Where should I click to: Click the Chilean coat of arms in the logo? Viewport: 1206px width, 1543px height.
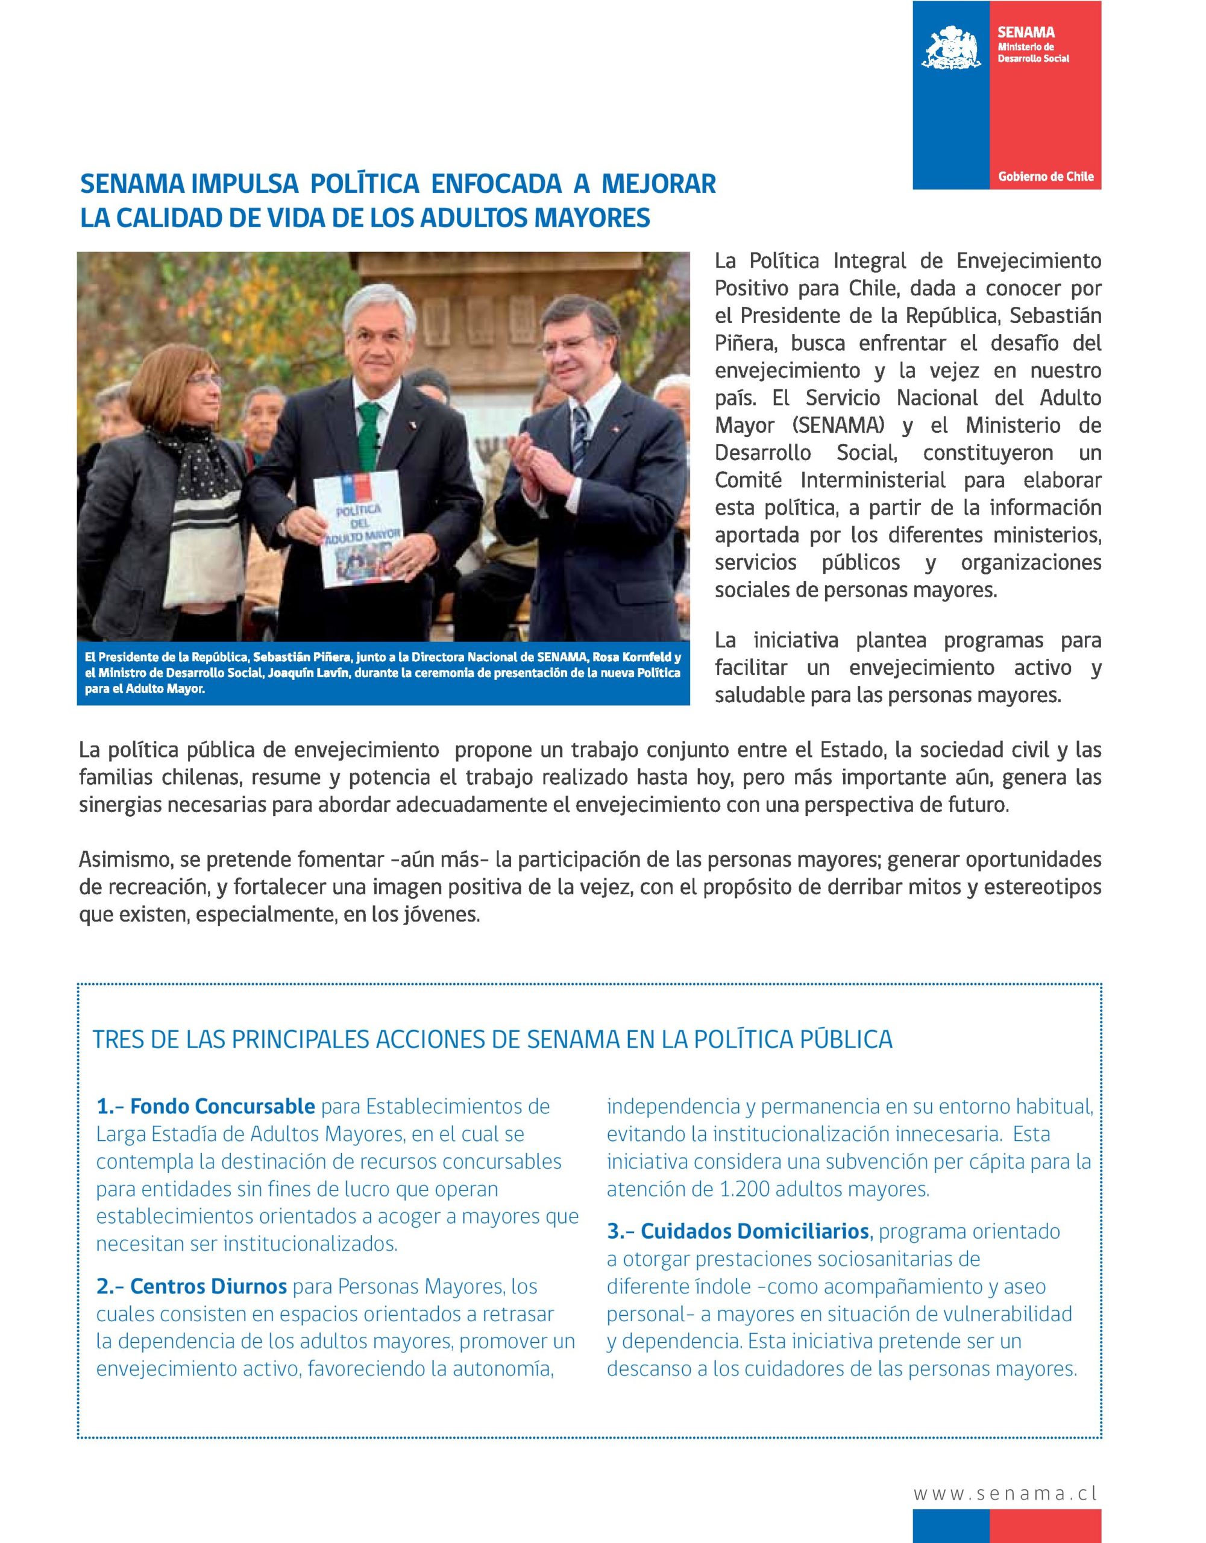[x=951, y=48]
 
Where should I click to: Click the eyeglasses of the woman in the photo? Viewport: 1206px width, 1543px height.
[x=205, y=380]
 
